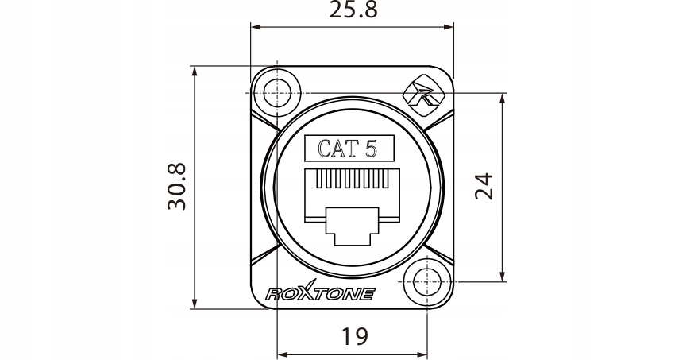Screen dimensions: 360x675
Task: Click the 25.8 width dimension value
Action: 353,11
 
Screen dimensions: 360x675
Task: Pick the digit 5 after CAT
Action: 371,148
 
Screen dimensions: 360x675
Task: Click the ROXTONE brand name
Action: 320,293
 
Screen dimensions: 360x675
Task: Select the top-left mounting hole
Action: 276,91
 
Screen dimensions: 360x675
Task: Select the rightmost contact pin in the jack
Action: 387,181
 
